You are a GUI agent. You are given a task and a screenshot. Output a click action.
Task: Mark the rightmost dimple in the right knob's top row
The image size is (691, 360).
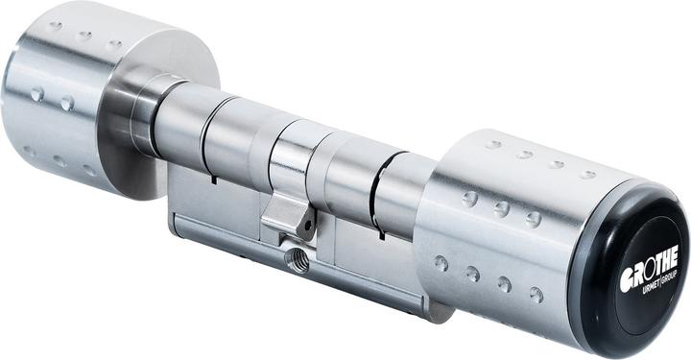(587, 174)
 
